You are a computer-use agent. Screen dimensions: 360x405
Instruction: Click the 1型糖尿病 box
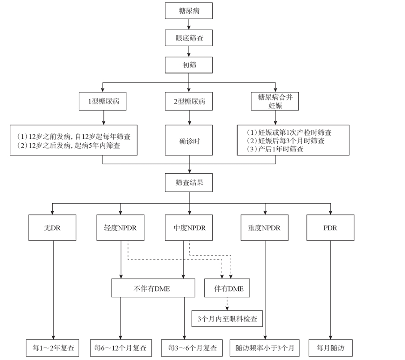[103, 101]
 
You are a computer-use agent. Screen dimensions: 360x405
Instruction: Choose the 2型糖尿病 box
[190, 101]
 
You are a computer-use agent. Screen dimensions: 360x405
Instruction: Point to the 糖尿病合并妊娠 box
[275, 101]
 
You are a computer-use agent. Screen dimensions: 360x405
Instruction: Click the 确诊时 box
[190, 141]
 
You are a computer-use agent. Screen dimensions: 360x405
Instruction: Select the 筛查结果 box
[190, 183]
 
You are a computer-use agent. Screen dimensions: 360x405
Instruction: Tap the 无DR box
[53, 227]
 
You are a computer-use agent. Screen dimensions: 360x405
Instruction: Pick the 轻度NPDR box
[121, 227]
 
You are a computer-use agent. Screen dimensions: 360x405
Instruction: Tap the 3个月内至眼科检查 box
[227, 319]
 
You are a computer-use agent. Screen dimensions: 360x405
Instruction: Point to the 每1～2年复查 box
[53, 347]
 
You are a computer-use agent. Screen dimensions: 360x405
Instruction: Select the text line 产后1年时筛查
[276, 150]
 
